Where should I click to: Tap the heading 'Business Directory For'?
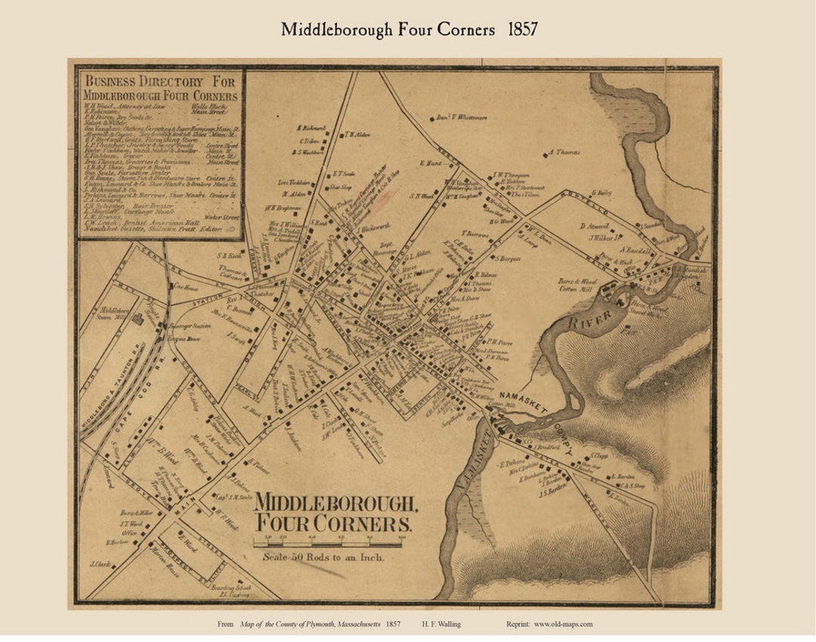click(x=160, y=81)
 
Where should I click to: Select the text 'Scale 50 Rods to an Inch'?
click(x=324, y=558)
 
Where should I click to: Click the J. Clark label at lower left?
click(x=100, y=564)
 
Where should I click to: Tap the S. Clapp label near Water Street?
click(x=599, y=456)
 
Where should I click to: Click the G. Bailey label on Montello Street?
click(x=601, y=193)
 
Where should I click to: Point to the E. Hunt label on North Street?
click(x=430, y=163)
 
